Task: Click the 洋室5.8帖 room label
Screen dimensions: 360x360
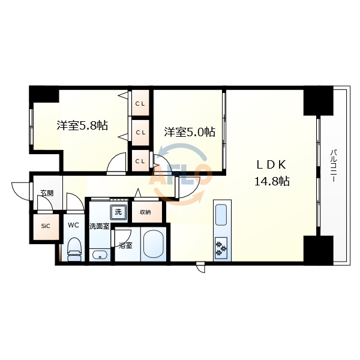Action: [82, 126]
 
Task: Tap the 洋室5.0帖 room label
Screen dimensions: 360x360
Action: [190, 132]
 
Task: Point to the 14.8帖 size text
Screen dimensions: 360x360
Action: [271, 181]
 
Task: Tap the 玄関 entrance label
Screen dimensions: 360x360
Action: [46, 193]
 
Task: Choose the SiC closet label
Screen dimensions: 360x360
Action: [46, 226]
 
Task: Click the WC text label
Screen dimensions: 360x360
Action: [73, 226]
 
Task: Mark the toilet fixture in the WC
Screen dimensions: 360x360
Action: [74, 248]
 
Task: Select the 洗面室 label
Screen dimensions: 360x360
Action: [99, 227]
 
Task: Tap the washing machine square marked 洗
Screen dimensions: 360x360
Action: [118, 211]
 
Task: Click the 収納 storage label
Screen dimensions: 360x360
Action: [145, 212]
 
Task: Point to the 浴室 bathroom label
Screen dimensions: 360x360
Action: [125, 245]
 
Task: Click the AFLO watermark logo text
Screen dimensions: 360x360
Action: [183, 175]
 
